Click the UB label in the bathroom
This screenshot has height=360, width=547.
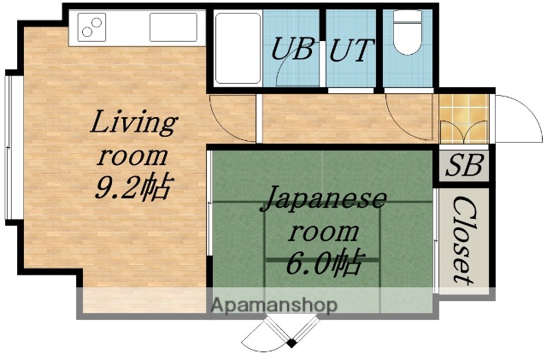pos(292,50)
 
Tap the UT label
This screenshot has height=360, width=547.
pos(350,50)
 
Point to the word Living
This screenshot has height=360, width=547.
pos(133,124)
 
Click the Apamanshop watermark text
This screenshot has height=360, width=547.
pos(273,304)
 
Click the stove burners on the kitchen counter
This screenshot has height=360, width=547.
pos(91,28)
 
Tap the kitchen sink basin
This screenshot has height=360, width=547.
pos(174,27)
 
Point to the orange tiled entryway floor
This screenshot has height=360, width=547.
pos(462,119)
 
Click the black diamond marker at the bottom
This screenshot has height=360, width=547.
pos(291,344)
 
